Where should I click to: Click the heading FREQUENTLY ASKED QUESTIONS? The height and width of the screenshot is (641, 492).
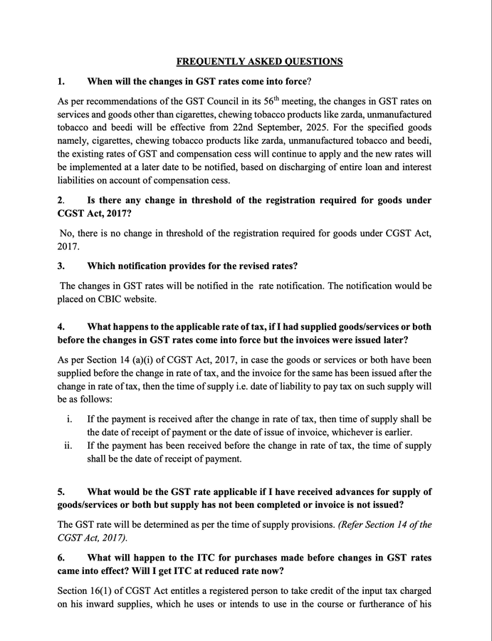tap(259, 62)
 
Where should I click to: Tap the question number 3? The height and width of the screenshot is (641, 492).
tap(61, 266)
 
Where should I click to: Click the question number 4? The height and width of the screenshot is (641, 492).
tap(61, 327)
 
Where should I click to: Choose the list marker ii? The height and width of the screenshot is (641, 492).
tap(68, 446)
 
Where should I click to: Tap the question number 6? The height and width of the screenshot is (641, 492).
tap(61, 558)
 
